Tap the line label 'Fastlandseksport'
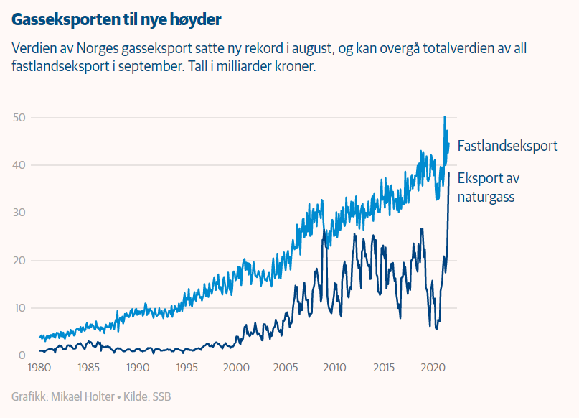click(x=507, y=146)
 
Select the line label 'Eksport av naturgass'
click(x=488, y=187)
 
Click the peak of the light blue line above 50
click(x=445, y=117)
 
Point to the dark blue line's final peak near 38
click(x=449, y=173)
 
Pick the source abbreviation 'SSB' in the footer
click(x=161, y=396)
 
